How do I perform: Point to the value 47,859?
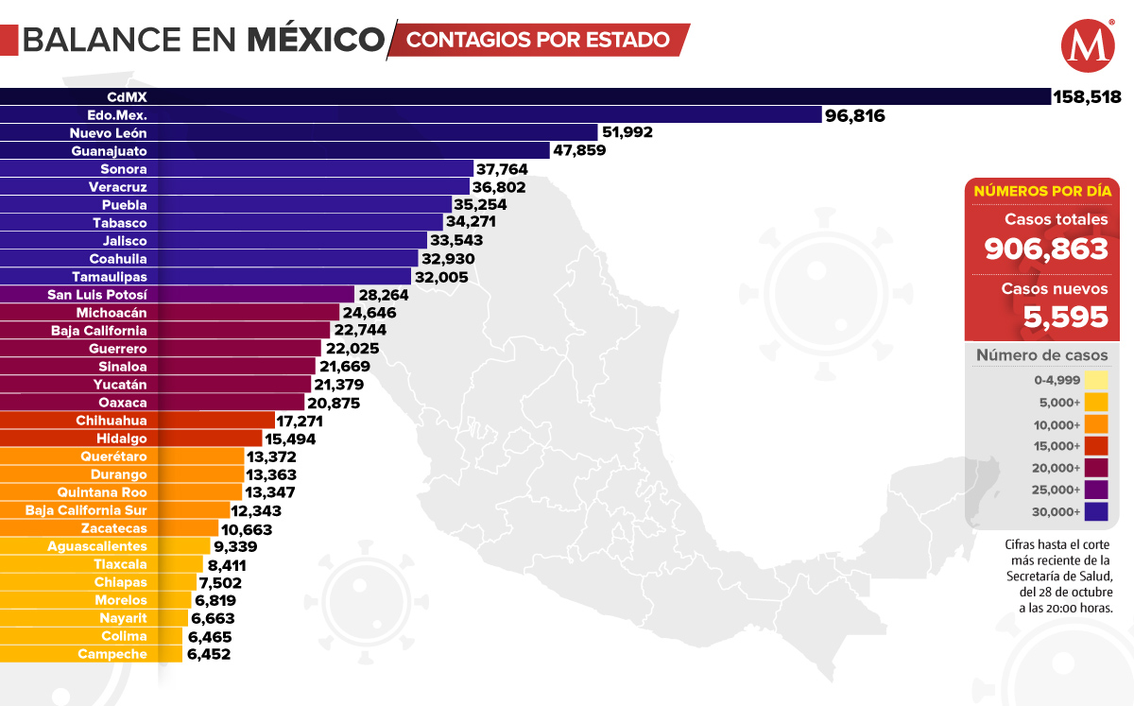point(579,151)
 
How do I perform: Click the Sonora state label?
point(124,169)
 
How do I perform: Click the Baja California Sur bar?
point(114,510)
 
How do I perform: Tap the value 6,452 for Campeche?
point(209,654)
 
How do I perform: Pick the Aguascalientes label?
point(97,546)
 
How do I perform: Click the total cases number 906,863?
point(1046,249)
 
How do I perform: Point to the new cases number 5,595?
point(1066,318)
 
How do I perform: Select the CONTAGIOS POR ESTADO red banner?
point(539,40)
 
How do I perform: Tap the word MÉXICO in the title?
point(316,40)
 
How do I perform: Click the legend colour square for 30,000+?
point(1096,512)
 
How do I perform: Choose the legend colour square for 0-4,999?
point(1096,381)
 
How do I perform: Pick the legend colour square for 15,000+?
point(1096,446)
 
